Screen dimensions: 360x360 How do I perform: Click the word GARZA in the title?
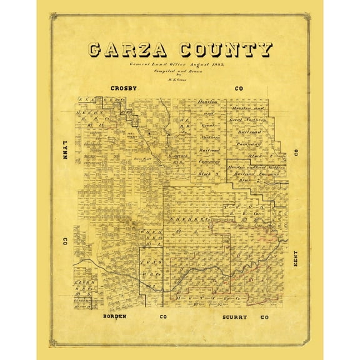click(x=127, y=50)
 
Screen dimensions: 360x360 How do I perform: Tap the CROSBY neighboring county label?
click(x=124, y=89)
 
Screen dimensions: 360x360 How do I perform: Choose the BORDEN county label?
click(x=116, y=317)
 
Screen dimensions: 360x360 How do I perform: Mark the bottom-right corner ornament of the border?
click(x=307, y=342)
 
